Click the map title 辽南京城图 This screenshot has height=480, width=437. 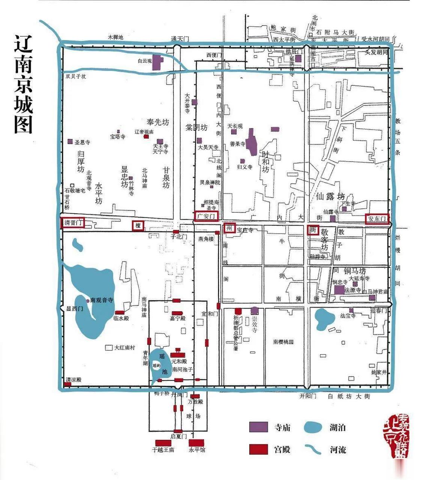23,84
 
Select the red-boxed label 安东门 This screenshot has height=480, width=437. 377,219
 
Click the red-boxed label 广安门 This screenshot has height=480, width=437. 206,216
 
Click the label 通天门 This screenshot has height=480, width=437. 179,39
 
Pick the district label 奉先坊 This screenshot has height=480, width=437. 158,122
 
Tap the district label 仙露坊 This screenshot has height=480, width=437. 330,196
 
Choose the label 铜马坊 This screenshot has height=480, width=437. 355,271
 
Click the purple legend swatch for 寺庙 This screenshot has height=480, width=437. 259,427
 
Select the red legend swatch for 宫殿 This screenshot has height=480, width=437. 259,449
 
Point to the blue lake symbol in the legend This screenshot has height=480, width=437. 313,427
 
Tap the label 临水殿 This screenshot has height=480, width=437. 121,318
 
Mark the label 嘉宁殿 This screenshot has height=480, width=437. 178,319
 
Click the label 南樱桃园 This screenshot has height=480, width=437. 283,342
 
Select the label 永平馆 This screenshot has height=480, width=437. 197,450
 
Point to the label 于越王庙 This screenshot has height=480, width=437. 163,450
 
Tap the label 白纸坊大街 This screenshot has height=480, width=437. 349,396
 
